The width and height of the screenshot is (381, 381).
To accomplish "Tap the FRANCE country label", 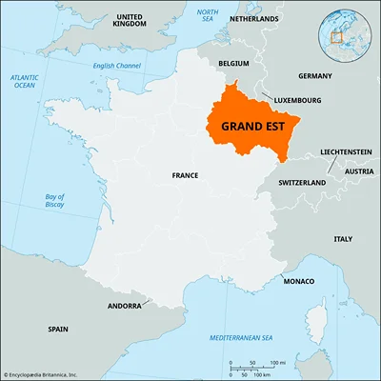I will tap(185, 175).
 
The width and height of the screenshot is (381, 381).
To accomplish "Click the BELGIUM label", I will tap(233, 63).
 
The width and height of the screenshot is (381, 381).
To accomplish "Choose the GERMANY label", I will tap(314, 75).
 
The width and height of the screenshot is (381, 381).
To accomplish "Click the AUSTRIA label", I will tap(359, 170).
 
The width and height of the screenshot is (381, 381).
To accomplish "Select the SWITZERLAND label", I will tap(302, 181).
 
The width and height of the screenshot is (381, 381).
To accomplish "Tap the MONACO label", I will tap(298, 282).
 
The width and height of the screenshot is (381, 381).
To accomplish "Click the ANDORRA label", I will tap(123, 306).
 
